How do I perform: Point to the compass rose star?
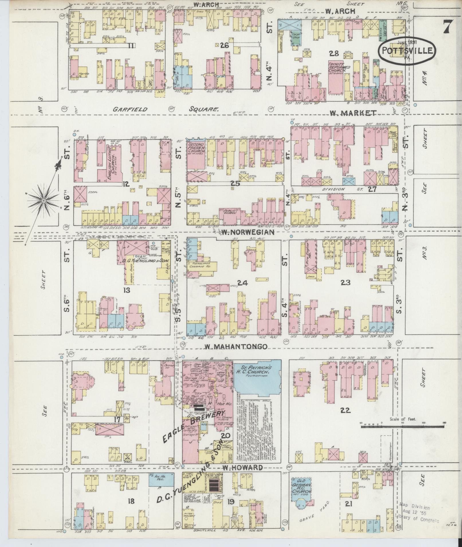point(44,201)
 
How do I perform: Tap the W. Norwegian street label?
point(248,232)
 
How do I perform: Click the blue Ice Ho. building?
point(161,480)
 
